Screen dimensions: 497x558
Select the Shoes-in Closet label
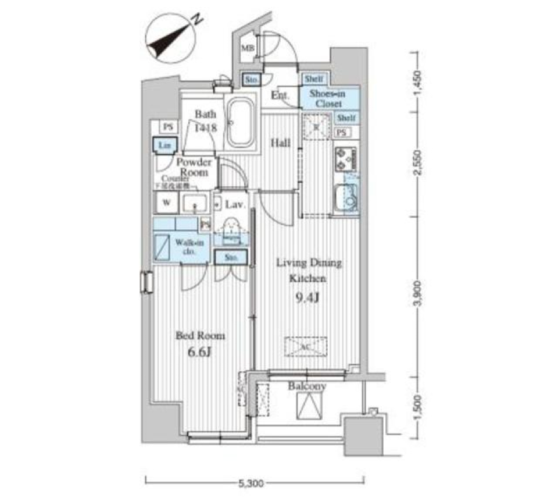[x=329, y=98]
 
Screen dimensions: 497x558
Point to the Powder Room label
[x=194, y=167]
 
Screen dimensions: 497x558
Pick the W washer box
[x=166, y=204]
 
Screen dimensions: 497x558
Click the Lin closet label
[x=161, y=145]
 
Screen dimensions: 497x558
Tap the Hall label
[x=282, y=141]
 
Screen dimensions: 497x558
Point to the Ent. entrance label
[x=280, y=96]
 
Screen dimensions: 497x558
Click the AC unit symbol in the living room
[x=306, y=345]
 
